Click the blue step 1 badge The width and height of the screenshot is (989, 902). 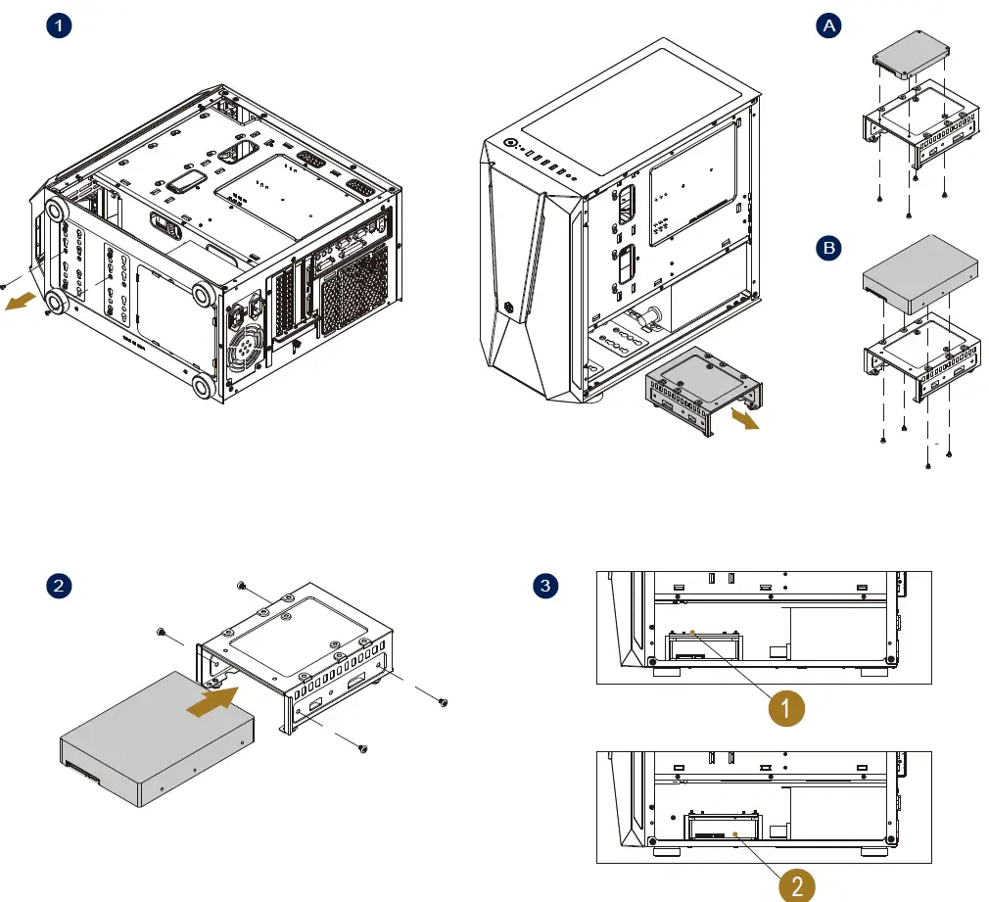pos(61,26)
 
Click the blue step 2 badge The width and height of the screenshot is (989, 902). pos(61,587)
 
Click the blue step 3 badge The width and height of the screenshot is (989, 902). pos(544,587)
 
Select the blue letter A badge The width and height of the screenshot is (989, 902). pos(829,26)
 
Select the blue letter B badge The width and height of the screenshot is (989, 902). pos(829,249)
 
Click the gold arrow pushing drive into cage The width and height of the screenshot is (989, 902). pos(212,702)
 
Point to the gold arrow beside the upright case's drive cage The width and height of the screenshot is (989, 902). pos(745,419)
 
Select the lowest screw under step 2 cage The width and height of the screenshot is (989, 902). pos(363,749)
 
